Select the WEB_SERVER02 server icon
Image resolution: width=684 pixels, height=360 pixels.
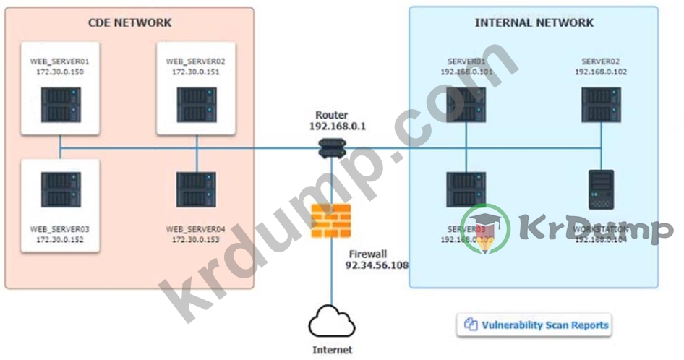tap(196, 105)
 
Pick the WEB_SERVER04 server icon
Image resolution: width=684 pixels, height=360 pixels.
tap(196, 190)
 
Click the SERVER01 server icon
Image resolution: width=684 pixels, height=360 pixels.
tap(466, 105)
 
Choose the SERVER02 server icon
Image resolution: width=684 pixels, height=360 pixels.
tap(601, 105)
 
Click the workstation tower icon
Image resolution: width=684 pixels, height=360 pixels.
tap(602, 189)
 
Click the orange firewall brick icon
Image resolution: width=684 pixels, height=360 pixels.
tap(331, 221)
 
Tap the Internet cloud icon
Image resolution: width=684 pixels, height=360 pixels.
tap(332, 323)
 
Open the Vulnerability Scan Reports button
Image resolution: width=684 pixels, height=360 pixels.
tap(536, 325)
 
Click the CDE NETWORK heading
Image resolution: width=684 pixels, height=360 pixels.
tap(130, 23)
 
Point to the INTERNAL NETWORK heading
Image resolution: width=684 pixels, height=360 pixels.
tap(534, 23)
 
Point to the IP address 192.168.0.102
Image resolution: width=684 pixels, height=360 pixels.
tap(601, 72)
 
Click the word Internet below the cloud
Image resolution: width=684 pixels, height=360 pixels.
tap(332, 350)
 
